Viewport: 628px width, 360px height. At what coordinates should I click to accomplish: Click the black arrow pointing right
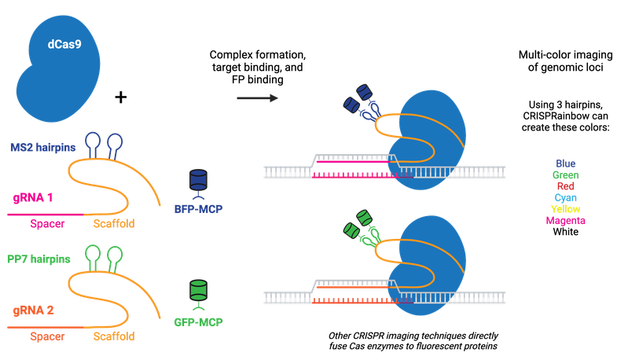coord(257,98)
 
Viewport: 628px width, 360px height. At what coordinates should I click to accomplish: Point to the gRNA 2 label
coord(32,310)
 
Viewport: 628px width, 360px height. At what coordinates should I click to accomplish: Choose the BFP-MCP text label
coord(197,209)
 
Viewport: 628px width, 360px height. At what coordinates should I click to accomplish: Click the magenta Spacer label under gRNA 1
coord(47,224)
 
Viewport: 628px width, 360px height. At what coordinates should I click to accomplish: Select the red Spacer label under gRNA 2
coord(47,336)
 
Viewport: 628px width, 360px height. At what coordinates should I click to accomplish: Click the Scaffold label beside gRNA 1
coord(114,224)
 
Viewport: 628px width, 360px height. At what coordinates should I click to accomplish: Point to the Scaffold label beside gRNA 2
coord(114,336)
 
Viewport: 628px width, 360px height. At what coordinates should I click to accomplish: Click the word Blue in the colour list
coord(566,163)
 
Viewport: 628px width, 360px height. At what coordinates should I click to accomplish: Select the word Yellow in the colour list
coord(566,209)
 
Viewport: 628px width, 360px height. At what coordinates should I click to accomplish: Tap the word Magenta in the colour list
coord(566,221)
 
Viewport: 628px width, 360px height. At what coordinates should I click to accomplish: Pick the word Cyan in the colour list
coord(566,198)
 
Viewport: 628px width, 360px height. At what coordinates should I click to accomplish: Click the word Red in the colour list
coord(566,186)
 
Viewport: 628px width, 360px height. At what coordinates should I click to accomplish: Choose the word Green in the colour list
coord(566,174)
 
